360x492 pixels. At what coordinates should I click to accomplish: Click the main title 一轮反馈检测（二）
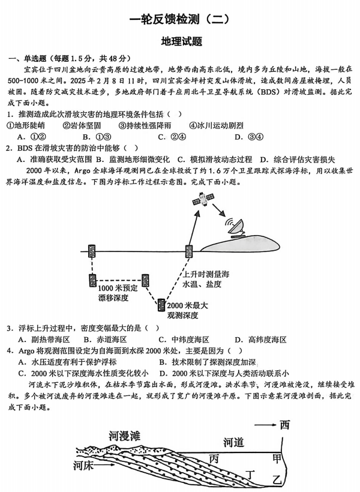[x=179, y=19]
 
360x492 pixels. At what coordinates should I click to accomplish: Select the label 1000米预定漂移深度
[x=118, y=292]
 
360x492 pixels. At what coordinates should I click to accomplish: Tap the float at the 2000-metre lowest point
[x=162, y=306]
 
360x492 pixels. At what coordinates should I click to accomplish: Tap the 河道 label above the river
[x=233, y=442]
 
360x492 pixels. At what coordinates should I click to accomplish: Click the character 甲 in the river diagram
[x=277, y=458]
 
